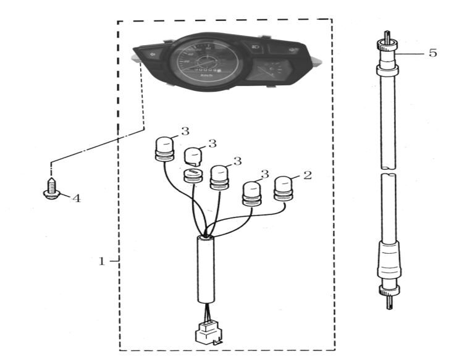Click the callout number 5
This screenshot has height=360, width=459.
[x=432, y=52]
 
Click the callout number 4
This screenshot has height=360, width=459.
[x=77, y=198]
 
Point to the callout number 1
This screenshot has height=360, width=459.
[x=103, y=261]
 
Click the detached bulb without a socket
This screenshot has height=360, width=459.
[x=194, y=154]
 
